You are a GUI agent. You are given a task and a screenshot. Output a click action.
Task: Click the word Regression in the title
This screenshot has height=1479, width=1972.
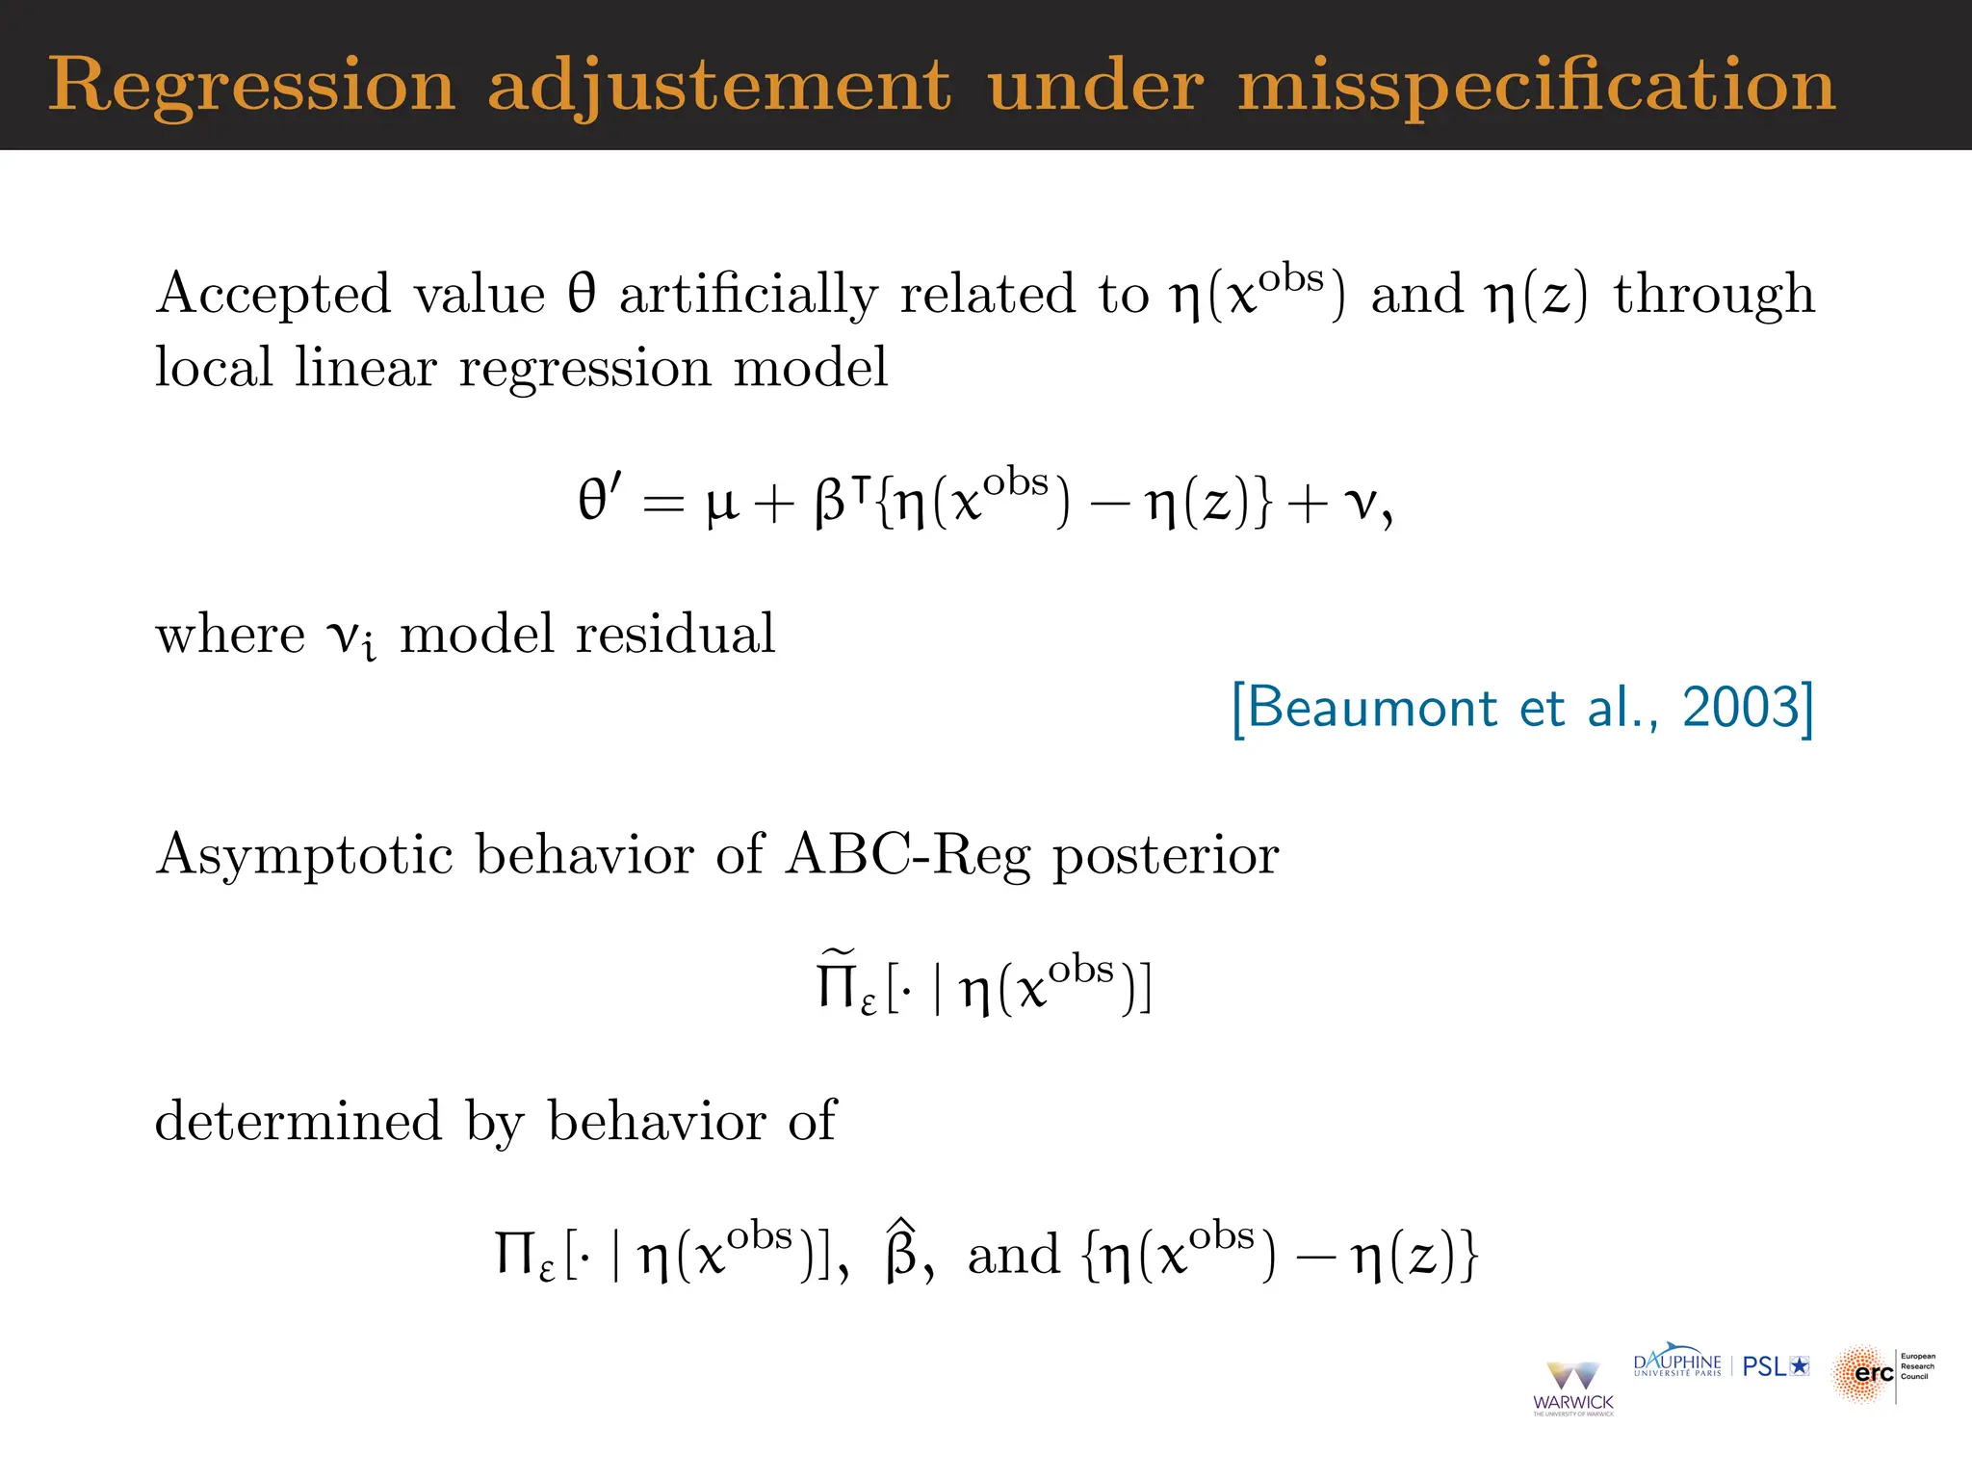251,87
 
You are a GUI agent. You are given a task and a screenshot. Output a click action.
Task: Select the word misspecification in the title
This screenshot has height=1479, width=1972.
1537,87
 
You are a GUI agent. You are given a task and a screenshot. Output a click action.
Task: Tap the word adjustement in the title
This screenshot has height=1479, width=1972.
718,87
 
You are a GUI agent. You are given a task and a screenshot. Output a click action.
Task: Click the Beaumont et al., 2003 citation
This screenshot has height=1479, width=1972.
1522,709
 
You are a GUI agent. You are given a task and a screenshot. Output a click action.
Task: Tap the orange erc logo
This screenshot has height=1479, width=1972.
1864,1374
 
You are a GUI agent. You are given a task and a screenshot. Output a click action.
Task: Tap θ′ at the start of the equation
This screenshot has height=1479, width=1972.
599,500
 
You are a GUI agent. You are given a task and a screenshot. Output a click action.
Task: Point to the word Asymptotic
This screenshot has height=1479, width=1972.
304,855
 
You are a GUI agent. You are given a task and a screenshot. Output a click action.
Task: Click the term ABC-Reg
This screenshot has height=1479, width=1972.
908,855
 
